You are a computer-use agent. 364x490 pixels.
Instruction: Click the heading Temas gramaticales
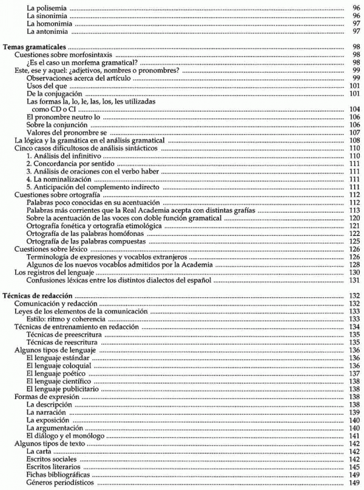(35, 46)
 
